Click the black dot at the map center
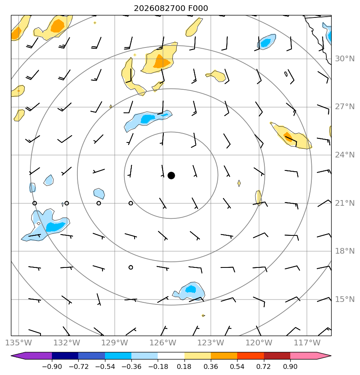(171, 176)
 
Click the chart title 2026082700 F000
(171, 9)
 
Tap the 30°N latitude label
(345, 58)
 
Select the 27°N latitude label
(345, 107)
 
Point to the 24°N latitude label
(345, 155)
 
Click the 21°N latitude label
(345, 203)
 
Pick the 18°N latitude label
(345, 251)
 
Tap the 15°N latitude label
(345, 299)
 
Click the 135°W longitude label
(19, 343)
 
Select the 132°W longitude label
(66, 343)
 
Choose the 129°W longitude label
(115, 343)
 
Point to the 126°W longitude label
(163, 343)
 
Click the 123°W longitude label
(211, 343)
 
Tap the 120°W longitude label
(259, 343)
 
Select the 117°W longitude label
(307, 343)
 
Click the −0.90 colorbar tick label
(52, 366)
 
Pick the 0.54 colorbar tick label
(237, 366)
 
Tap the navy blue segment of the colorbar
(65, 356)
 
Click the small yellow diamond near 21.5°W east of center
(239, 183)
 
